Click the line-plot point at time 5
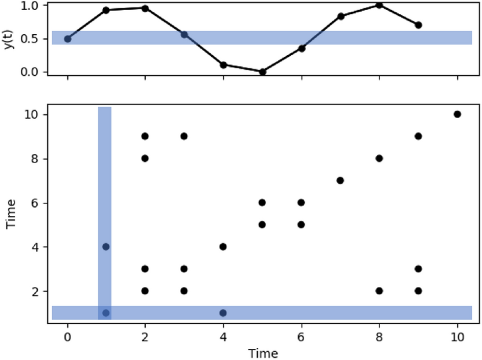(262, 72)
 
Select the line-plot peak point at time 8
(379, 5)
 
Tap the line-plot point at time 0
(67, 39)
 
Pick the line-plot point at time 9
(419, 25)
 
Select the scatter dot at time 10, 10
(457, 114)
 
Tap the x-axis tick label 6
(302, 337)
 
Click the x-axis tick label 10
(457, 337)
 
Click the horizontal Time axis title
(263, 353)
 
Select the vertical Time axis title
(11, 214)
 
